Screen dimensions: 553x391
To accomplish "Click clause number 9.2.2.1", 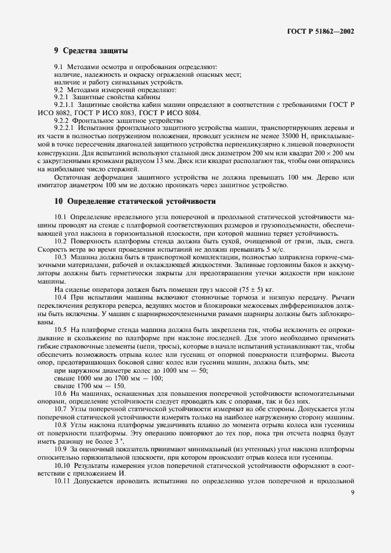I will (63, 128).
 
